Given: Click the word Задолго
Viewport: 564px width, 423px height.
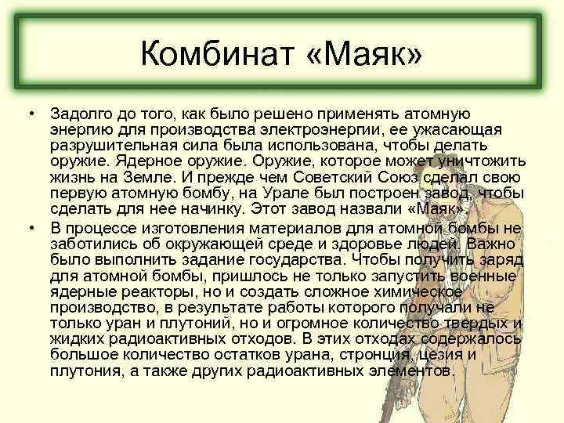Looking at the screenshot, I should (x=81, y=114).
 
